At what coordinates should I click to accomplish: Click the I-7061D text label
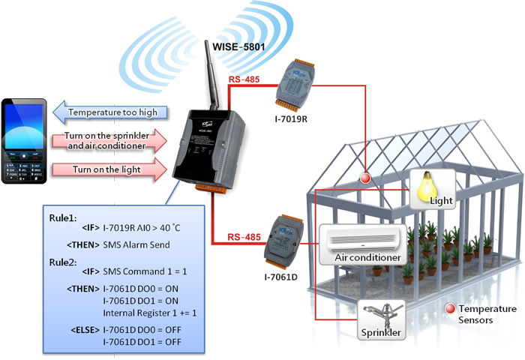[x=280, y=277]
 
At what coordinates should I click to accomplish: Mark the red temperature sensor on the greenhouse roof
[x=365, y=178]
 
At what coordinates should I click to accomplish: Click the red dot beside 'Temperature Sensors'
[x=450, y=308]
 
